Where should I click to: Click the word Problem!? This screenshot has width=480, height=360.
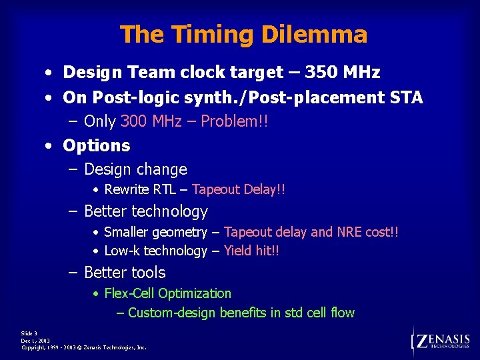(235, 121)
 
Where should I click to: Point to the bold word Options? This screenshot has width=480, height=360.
(97, 145)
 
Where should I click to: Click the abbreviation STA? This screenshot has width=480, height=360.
(406, 97)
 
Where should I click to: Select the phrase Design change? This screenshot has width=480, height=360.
(135, 169)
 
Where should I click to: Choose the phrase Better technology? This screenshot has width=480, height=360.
(146, 211)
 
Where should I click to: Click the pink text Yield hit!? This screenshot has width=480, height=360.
(252, 251)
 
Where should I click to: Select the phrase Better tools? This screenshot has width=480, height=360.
(125, 273)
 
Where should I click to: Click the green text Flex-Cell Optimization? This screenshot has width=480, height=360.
(168, 293)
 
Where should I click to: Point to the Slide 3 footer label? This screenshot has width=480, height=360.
(29, 333)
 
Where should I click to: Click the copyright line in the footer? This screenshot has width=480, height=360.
(84, 347)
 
